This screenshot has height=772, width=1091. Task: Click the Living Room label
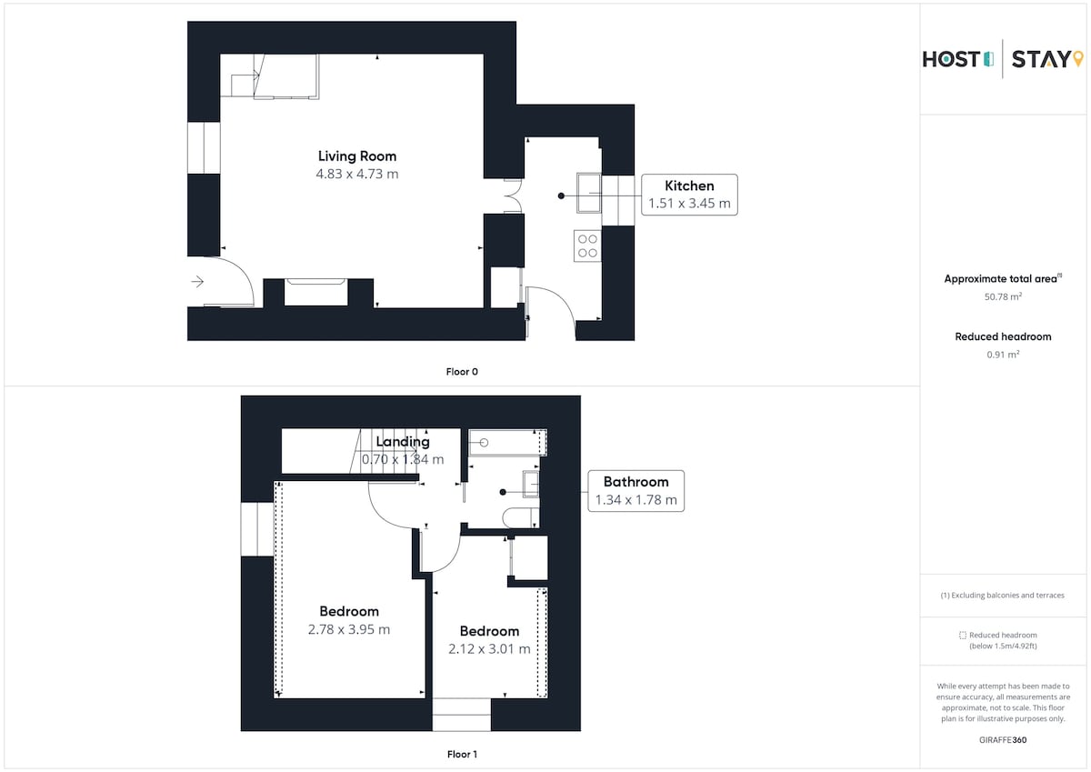(x=357, y=156)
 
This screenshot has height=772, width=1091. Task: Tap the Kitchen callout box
(x=689, y=195)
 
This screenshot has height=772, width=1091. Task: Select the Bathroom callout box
(x=636, y=491)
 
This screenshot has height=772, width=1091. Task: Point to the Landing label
(x=403, y=442)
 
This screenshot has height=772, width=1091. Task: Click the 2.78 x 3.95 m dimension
(x=349, y=630)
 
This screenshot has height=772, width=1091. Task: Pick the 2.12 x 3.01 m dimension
(x=489, y=649)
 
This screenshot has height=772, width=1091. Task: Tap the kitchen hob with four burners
(x=587, y=246)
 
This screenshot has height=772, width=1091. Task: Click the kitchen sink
(x=589, y=193)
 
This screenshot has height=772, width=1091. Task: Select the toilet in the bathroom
(x=521, y=517)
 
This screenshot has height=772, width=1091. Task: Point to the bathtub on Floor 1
(x=507, y=443)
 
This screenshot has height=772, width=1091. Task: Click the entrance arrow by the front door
(x=197, y=282)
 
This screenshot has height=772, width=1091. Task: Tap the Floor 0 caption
(x=462, y=372)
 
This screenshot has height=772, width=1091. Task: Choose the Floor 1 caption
(x=462, y=754)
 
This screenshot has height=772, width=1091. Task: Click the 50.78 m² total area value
(x=1003, y=296)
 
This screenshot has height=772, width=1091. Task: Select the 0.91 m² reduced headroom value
(x=1003, y=354)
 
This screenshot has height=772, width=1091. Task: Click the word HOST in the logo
(x=951, y=59)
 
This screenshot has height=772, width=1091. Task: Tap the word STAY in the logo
(x=1041, y=59)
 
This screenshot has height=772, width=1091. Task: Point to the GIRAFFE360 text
(x=1003, y=740)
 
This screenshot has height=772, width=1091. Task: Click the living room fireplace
(x=315, y=292)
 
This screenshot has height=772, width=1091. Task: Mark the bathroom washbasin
(x=531, y=484)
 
